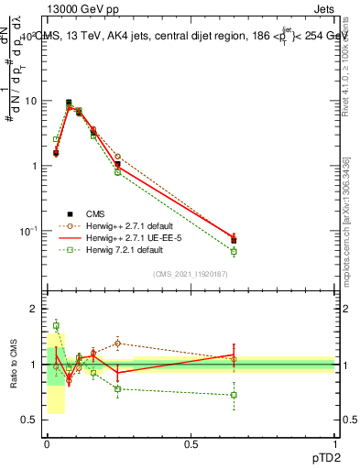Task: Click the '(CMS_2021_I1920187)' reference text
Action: click(191, 273)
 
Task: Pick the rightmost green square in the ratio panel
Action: click(234, 395)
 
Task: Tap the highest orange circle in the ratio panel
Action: click(117, 344)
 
